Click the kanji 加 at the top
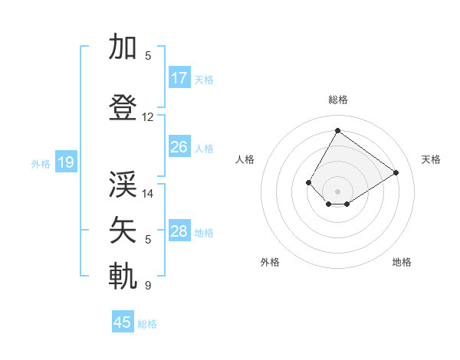123,47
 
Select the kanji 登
123,108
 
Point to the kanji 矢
123,231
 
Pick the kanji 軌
123,277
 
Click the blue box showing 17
179,78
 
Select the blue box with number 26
179,147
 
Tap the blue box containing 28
179,231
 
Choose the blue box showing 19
65,162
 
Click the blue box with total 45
123,322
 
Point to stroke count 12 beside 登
148,117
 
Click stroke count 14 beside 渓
148,194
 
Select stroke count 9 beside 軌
148,286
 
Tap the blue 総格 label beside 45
147,324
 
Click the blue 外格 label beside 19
40,163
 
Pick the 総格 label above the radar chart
337,100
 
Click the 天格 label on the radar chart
431,159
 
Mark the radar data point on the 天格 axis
396,172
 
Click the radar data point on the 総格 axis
337,130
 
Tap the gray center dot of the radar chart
337,191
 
